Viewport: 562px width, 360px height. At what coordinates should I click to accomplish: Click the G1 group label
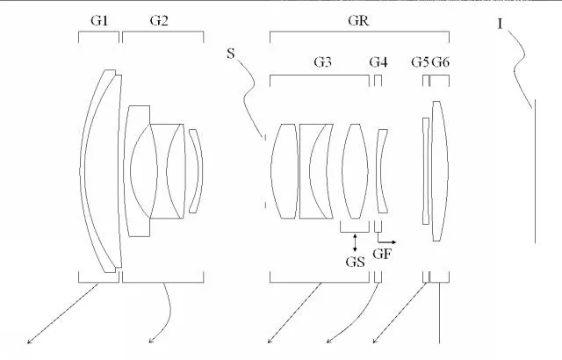point(99,21)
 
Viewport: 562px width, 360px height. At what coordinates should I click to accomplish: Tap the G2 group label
point(159,21)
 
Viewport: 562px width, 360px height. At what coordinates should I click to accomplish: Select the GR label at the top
point(358,20)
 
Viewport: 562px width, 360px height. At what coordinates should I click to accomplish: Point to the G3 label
point(322,62)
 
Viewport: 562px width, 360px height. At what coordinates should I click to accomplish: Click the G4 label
point(378,62)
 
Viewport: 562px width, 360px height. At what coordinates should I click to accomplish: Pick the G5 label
point(420,62)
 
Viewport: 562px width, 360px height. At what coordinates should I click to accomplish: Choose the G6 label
point(440,62)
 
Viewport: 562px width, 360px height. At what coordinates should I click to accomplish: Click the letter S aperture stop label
point(231,54)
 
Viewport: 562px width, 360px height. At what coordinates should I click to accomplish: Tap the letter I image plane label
point(500,25)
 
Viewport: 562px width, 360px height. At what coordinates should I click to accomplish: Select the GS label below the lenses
point(355,263)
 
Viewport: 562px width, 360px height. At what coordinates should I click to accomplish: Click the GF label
point(383,254)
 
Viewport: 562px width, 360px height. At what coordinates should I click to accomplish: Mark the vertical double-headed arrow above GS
point(355,242)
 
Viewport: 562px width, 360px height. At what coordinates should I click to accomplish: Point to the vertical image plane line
point(535,171)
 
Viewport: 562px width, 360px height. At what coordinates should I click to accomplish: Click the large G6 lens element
point(440,171)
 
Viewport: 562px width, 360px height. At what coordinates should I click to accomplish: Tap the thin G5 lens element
point(426,171)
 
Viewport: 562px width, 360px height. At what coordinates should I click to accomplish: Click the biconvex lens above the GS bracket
point(355,171)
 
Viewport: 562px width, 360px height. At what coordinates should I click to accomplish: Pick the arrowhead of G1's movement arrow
point(29,342)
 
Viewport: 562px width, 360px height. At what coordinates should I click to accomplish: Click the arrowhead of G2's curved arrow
point(150,342)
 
